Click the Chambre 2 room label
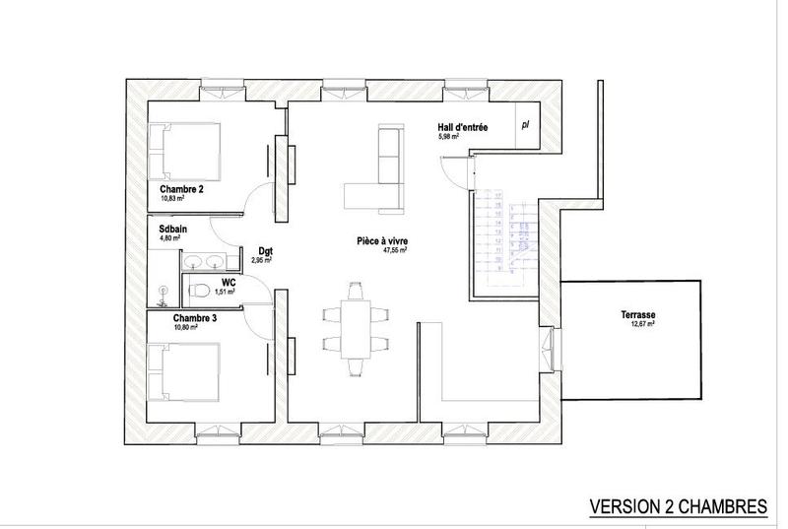point(181,189)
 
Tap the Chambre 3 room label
point(195,318)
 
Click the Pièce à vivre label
point(383,240)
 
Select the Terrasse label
point(637,315)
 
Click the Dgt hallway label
point(264,251)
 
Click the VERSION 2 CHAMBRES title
point(678,506)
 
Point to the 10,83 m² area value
point(173,198)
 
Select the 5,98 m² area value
point(450,138)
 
